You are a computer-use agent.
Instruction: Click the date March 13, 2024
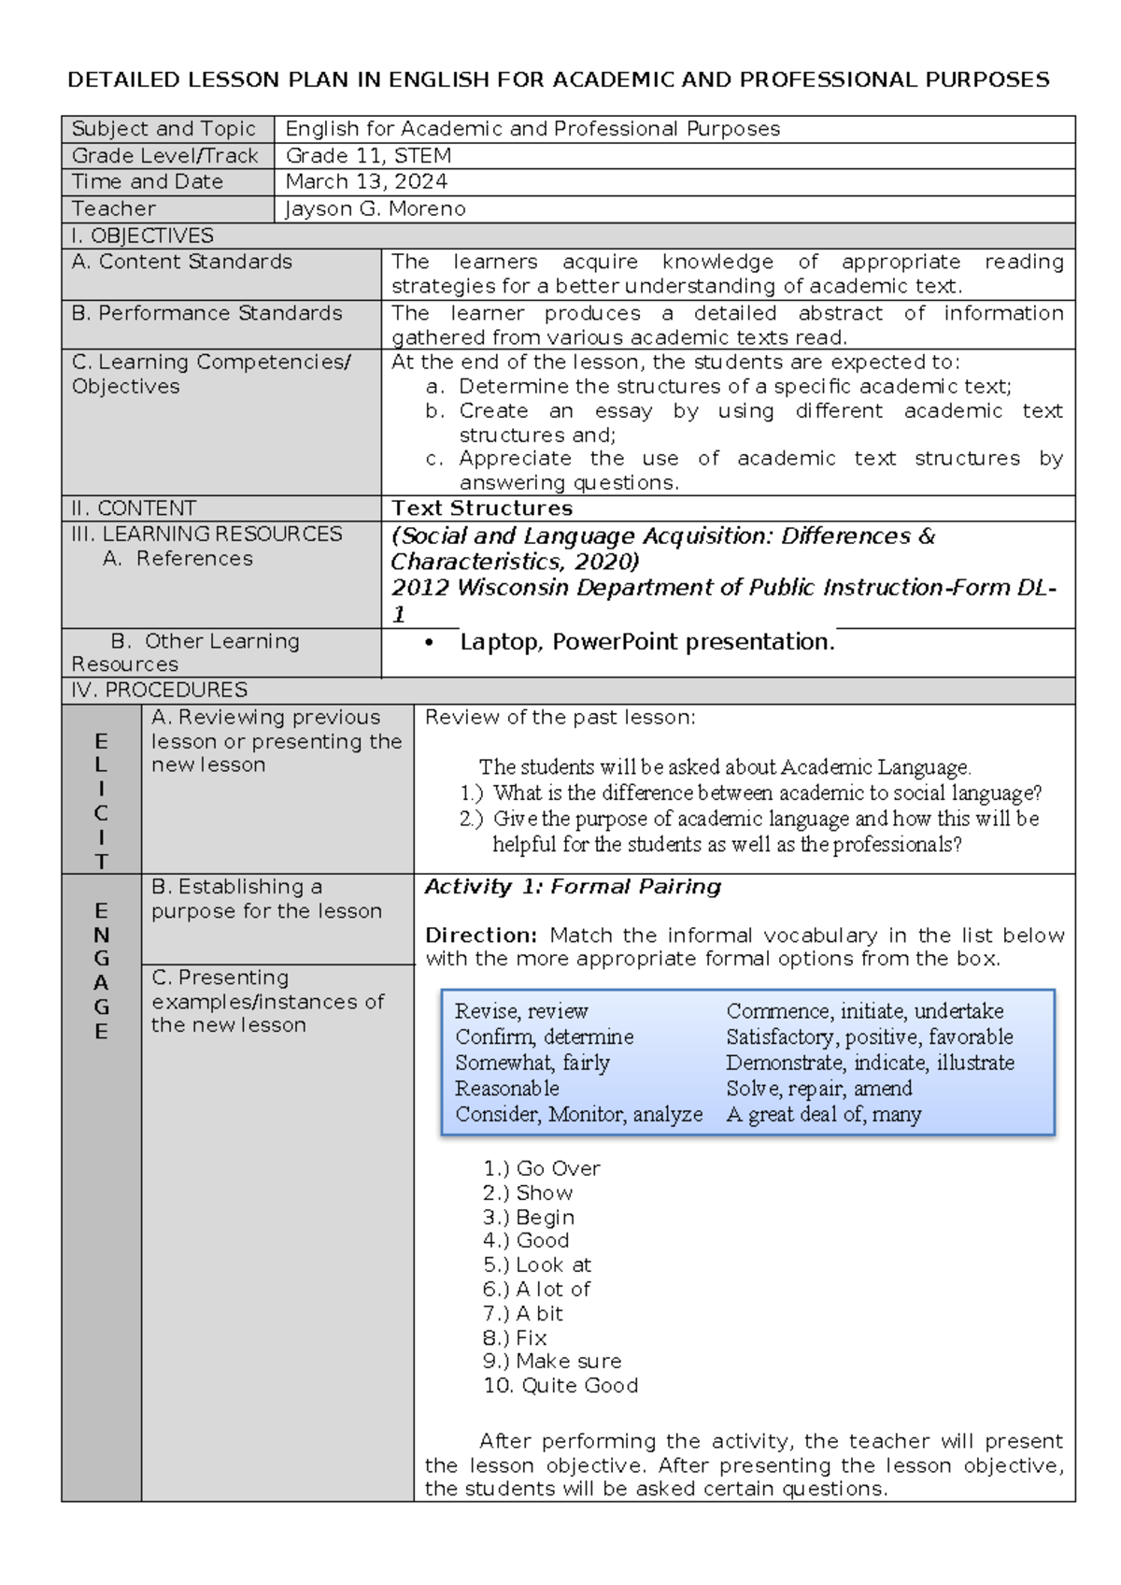(x=366, y=181)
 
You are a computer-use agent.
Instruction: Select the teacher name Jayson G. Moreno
(x=375, y=208)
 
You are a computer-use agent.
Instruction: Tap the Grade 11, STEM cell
(x=368, y=155)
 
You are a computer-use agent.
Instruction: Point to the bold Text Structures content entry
(x=482, y=508)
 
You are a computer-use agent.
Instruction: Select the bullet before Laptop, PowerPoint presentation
(x=430, y=643)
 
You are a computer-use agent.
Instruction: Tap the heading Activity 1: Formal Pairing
(x=573, y=887)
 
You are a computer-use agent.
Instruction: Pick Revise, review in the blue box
(x=521, y=1011)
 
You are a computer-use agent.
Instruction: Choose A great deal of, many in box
(x=823, y=1114)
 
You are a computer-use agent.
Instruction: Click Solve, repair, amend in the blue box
(x=818, y=1089)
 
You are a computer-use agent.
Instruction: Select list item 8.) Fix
(x=515, y=1337)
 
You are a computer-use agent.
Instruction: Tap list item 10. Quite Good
(x=560, y=1386)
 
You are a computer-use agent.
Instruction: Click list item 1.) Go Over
(x=542, y=1168)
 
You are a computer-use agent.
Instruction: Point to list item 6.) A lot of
(x=537, y=1289)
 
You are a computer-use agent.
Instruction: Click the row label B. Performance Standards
(x=206, y=313)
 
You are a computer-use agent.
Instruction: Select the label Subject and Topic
(x=163, y=129)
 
